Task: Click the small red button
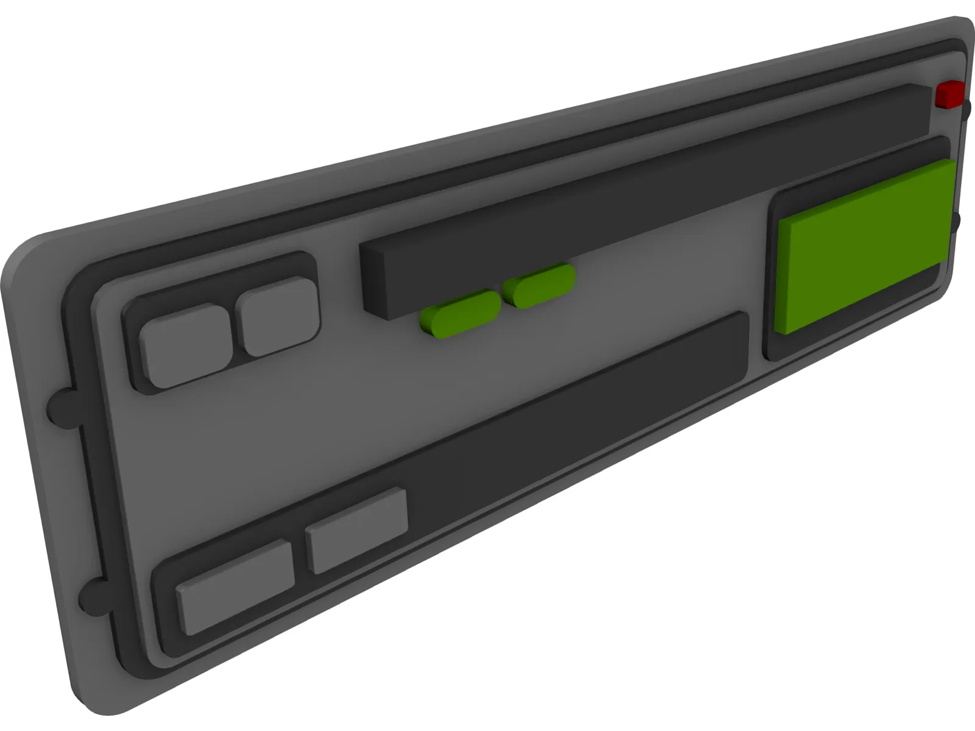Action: (x=950, y=94)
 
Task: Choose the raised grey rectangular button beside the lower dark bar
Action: (x=357, y=529)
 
